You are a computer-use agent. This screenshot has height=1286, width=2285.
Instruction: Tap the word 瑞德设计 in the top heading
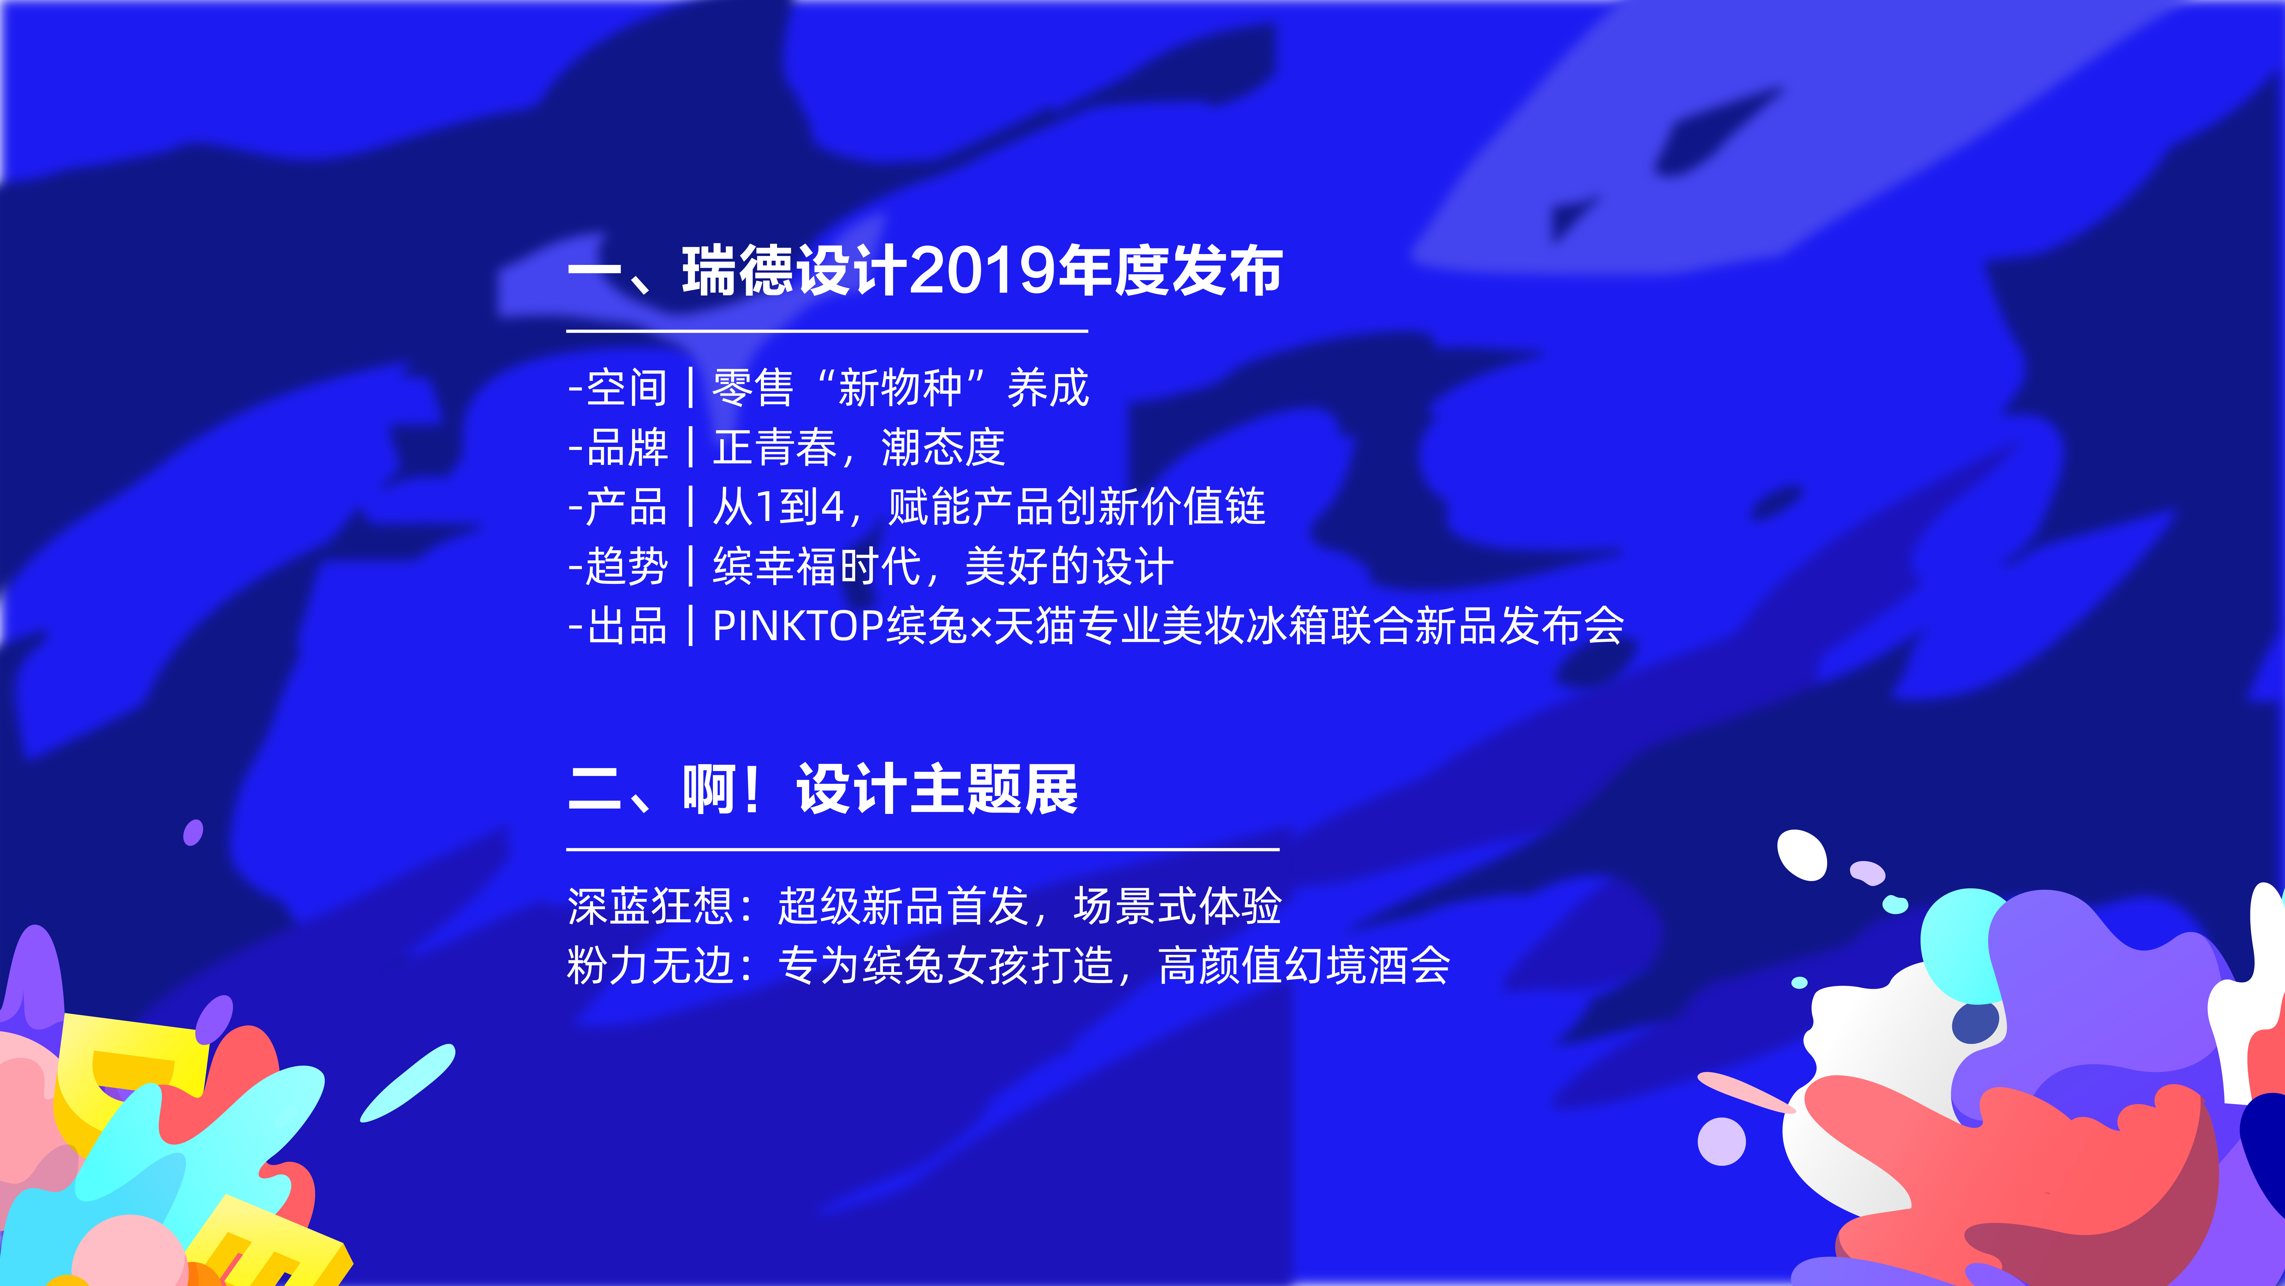tap(795, 271)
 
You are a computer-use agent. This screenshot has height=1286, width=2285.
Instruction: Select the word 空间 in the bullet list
tap(627, 388)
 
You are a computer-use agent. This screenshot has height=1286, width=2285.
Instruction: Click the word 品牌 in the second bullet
tap(627, 447)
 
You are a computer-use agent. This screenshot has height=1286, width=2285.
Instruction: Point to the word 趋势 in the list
tap(627, 566)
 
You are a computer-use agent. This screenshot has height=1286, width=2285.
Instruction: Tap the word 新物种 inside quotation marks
tap(899, 388)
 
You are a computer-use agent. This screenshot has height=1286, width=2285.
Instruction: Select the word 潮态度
tap(943, 447)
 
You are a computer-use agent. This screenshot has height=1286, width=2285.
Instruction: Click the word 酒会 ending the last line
tap(1409, 966)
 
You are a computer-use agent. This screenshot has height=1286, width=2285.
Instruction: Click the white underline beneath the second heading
tap(923, 849)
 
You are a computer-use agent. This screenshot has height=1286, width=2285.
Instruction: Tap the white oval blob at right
tap(1801, 855)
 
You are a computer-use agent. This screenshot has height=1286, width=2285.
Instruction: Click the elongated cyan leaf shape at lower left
tap(408, 1083)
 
